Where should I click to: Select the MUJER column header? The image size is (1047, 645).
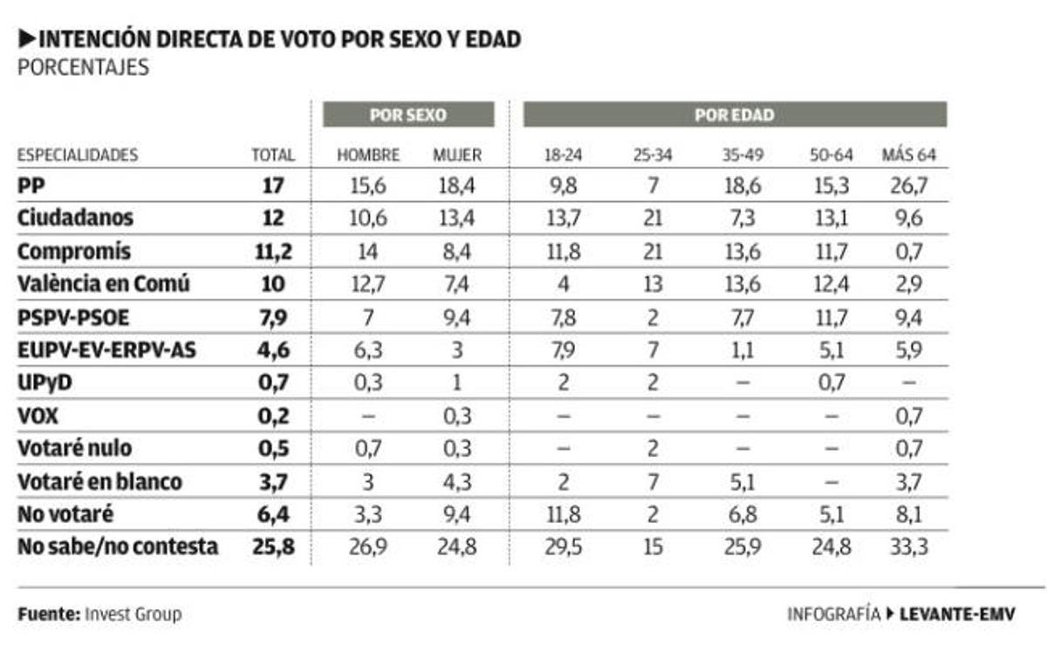457,155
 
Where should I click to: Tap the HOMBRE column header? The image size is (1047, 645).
368,155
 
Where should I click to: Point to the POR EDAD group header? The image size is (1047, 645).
734,115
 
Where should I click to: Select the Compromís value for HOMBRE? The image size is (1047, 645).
368,251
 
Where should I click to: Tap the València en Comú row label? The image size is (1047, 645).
103,283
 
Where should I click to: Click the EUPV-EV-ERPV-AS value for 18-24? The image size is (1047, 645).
563,350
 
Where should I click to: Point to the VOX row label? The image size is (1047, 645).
38,416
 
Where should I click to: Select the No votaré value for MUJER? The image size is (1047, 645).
457,514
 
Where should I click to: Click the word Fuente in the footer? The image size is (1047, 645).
48,614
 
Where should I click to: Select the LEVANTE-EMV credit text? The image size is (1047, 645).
956,614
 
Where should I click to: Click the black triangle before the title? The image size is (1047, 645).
26,39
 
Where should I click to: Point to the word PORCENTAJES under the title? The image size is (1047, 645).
83,68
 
